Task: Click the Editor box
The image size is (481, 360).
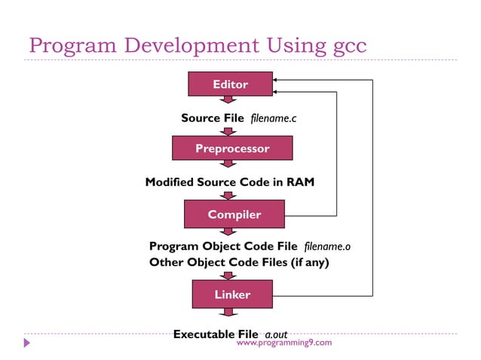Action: [x=230, y=84]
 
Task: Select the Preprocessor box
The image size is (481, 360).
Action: [x=231, y=148]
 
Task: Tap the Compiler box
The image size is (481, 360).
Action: [x=234, y=215]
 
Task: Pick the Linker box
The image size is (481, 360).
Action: [x=231, y=294]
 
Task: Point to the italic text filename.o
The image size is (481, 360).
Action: [x=327, y=246]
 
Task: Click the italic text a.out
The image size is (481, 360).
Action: [x=276, y=334]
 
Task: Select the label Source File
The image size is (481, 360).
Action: [x=212, y=118]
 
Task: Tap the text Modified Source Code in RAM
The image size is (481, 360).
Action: [x=229, y=182]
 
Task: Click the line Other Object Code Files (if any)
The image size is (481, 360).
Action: [x=239, y=262]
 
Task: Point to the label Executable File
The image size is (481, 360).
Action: [x=216, y=334]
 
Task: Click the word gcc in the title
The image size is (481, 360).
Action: [x=349, y=45]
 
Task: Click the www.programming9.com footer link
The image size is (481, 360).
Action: [x=283, y=343]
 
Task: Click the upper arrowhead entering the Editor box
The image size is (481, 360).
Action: [x=277, y=79]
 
